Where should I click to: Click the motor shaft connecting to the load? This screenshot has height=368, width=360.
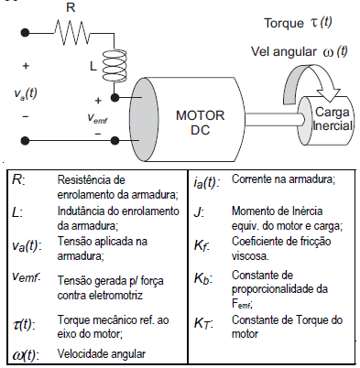point(264,113)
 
